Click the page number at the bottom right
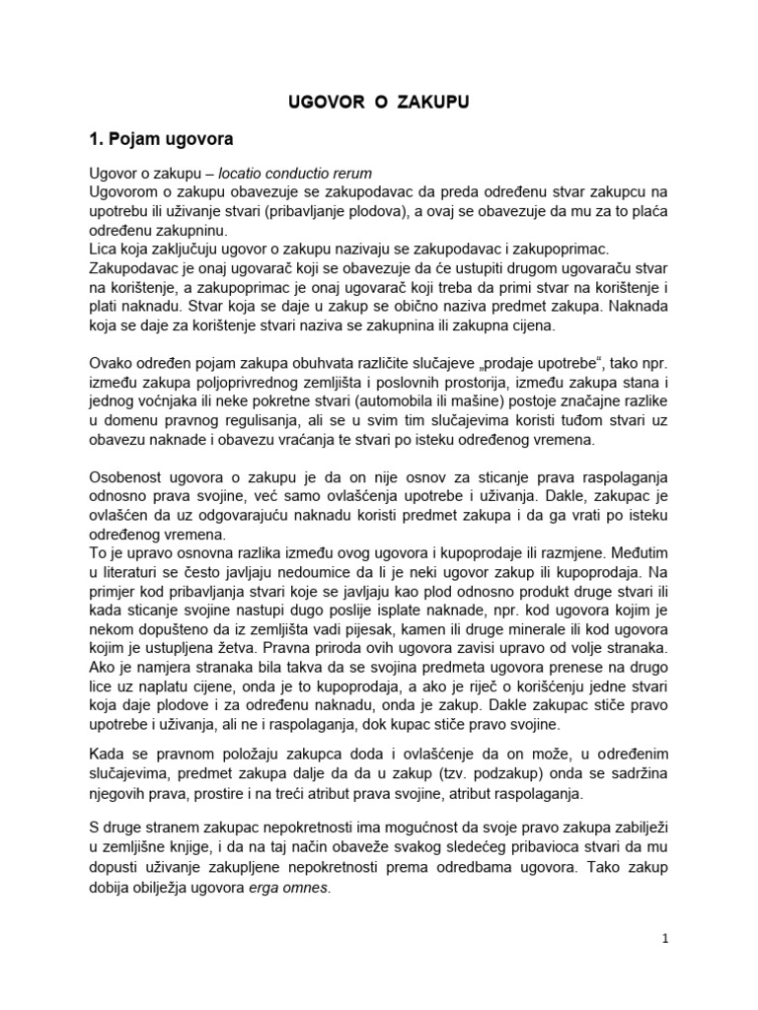coord(665,938)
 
